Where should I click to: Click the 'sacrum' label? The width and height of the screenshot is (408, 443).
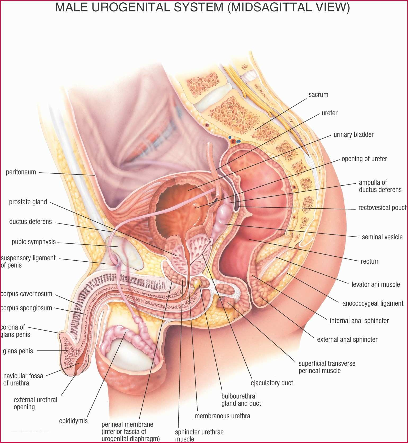tap(318, 95)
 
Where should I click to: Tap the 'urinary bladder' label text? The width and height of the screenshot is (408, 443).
tap(353, 135)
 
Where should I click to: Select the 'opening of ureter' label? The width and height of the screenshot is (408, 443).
tap(364, 159)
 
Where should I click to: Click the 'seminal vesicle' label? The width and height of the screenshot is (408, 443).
tap(382, 237)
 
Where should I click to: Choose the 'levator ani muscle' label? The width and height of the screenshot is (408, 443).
tap(376, 284)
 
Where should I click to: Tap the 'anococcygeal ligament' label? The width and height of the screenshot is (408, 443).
tap(373, 303)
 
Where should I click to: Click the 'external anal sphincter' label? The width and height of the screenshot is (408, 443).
tap(347, 339)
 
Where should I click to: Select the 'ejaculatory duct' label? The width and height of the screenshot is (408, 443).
tap(272, 383)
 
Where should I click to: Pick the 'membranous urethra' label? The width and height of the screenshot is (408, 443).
tap(222, 416)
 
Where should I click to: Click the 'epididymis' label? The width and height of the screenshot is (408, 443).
tap(73, 421)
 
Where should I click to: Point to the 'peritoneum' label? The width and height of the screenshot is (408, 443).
tap(21, 172)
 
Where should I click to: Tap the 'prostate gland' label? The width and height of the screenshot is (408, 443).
tap(28, 202)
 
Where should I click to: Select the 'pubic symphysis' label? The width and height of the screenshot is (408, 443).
tap(34, 242)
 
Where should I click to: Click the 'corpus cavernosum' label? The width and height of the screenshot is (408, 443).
tap(26, 294)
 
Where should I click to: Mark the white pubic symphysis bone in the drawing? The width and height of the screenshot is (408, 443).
tap(125, 252)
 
